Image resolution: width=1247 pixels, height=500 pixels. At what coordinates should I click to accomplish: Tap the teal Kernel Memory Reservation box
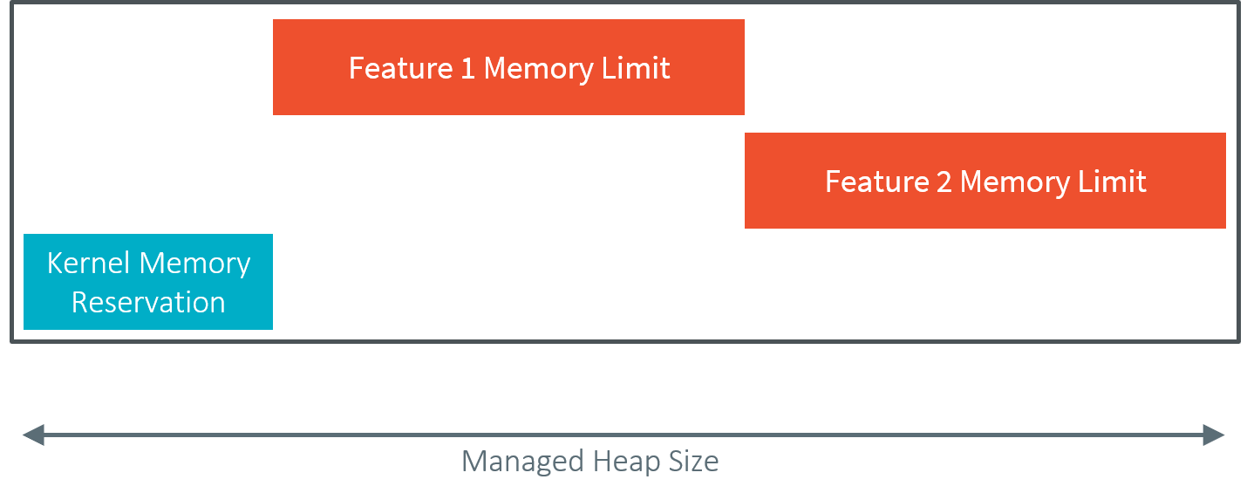click(x=148, y=283)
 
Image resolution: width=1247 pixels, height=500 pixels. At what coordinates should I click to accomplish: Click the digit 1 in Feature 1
click(x=468, y=68)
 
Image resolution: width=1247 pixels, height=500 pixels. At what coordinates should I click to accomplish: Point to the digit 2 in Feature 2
click(x=944, y=182)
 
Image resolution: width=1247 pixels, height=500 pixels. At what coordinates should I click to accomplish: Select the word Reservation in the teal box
click(x=148, y=303)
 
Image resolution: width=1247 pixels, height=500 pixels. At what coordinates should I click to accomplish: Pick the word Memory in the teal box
click(x=195, y=264)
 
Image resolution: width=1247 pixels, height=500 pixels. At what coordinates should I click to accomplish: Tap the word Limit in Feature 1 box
click(x=636, y=68)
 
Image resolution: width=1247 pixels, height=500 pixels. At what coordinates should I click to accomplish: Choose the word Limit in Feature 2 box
click(x=1112, y=182)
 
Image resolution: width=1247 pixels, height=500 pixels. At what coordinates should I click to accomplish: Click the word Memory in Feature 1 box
click(x=537, y=68)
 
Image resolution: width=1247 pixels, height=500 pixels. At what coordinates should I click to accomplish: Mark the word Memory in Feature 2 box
click(x=1013, y=182)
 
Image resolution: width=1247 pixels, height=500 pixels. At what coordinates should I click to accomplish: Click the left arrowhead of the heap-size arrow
click(x=32, y=435)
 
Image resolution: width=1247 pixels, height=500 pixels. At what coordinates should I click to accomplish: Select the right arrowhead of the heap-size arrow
click(x=1215, y=435)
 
